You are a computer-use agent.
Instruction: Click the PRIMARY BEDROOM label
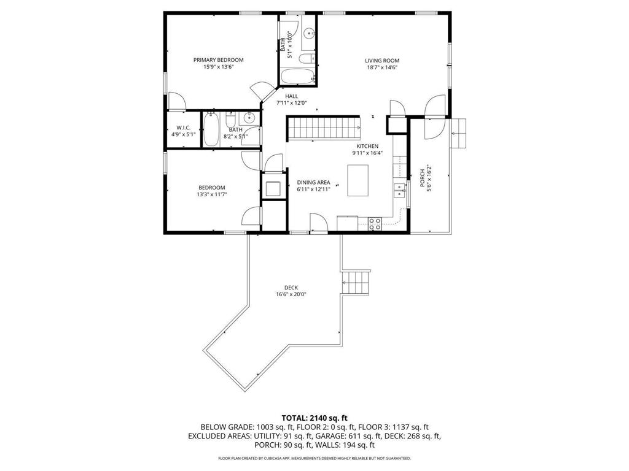pos(218,60)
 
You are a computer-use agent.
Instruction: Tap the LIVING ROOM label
pos(382,61)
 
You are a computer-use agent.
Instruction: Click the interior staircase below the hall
pos(324,129)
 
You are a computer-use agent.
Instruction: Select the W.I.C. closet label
pos(184,128)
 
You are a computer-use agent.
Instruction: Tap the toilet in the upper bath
pos(307,59)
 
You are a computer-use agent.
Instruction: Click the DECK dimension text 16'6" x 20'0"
pos(291,294)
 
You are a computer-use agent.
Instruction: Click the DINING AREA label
pos(314,182)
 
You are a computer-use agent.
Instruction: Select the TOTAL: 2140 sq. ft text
pos(314,417)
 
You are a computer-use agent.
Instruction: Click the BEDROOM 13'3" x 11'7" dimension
pos(211,194)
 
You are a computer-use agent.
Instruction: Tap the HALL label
pos(291,96)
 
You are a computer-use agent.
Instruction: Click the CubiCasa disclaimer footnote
pos(314,458)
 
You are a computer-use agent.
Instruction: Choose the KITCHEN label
pos(367,146)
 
